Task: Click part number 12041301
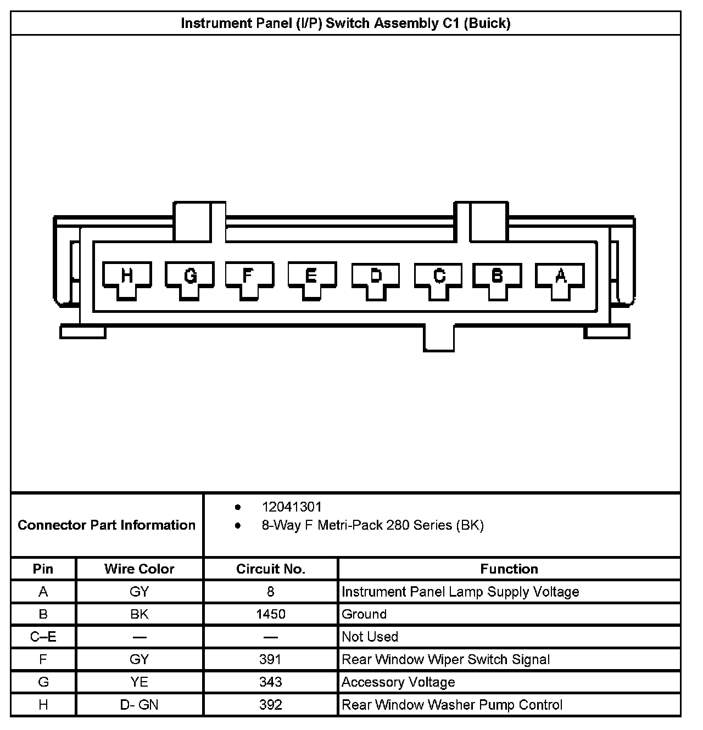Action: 291,507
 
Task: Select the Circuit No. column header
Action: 270,569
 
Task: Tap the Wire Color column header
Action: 139,569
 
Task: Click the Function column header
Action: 509,569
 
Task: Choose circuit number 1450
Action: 270,614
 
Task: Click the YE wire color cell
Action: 139,682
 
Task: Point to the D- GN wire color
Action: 139,705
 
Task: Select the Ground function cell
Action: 364,614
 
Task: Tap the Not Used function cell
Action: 370,637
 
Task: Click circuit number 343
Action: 270,682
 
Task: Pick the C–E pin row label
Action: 43,637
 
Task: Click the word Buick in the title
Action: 487,23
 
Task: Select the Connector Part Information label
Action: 107,525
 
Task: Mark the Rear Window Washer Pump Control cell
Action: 451,705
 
